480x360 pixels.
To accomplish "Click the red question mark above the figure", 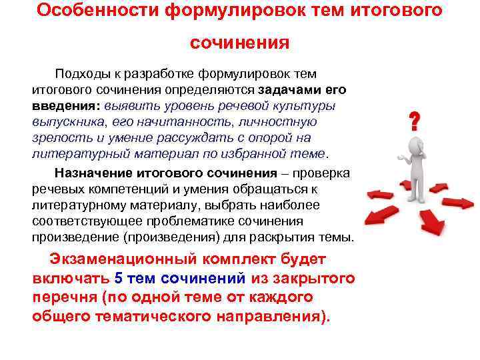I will coord(414,121).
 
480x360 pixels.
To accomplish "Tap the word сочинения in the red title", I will coord(239,43).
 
